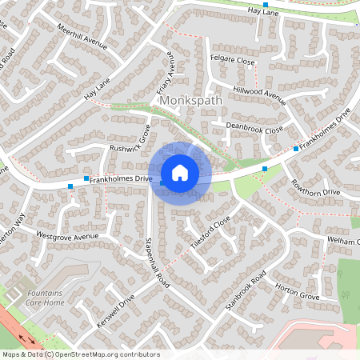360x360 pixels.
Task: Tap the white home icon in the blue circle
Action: (180, 173)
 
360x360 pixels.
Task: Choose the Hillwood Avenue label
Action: (258, 92)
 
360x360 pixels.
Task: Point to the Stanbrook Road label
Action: (246, 294)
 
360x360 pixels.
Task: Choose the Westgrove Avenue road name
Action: (67, 236)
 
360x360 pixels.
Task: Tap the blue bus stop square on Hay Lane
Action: (265, 5)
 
